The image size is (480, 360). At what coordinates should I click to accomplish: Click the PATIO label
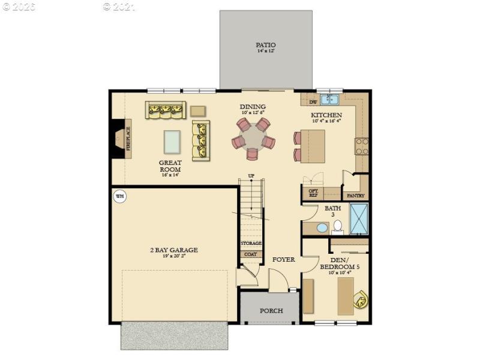click(x=266, y=45)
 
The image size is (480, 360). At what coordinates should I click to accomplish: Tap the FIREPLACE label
click(x=127, y=139)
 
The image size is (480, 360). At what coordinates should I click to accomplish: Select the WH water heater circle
click(x=119, y=196)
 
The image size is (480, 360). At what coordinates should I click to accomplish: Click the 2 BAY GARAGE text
click(x=174, y=250)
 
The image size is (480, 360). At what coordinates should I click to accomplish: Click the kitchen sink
click(x=329, y=100)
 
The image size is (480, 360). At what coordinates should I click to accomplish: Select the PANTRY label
click(x=355, y=196)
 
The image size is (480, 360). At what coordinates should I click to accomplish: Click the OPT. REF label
click(x=313, y=193)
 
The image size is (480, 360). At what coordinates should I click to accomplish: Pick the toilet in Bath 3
click(x=337, y=226)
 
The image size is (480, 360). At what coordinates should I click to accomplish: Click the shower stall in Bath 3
click(x=358, y=218)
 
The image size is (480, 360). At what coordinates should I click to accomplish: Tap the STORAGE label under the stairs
click(x=251, y=243)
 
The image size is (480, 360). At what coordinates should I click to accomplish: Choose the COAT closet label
click(x=251, y=254)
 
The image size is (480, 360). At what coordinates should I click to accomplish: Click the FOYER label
click(x=284, y=260)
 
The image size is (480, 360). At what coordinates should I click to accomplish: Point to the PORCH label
click(x=271, y=311)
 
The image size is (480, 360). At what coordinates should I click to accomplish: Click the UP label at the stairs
click(x=251, y=176)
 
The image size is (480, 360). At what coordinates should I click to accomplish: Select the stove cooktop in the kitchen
click(x=362, y=146)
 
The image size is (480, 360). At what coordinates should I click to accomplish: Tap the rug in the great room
click(x=172, y=142)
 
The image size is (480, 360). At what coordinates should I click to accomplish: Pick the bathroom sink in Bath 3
click(x=322, y=228)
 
